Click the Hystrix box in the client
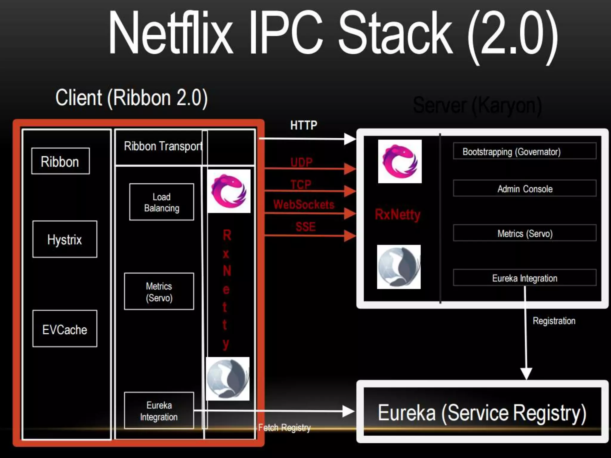[65, 239]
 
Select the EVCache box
[65, 329]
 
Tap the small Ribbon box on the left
[60, 161]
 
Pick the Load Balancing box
[161, 202]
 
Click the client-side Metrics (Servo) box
[159, 292]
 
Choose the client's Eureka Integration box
[159, 411]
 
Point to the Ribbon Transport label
[163, 146]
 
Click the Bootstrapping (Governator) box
[524, 151]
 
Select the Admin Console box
[524, 188]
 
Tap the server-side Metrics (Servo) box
[524, 233]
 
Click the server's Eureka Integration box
[524, 278]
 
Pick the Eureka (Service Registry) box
[482, 413]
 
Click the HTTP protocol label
[304, 125]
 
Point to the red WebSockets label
[304, 205]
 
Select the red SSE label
[305, 227]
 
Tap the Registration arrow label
[554, 321]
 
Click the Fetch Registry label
[284, 428]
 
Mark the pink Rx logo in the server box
[400, 161]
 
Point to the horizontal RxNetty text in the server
[397, 214]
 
